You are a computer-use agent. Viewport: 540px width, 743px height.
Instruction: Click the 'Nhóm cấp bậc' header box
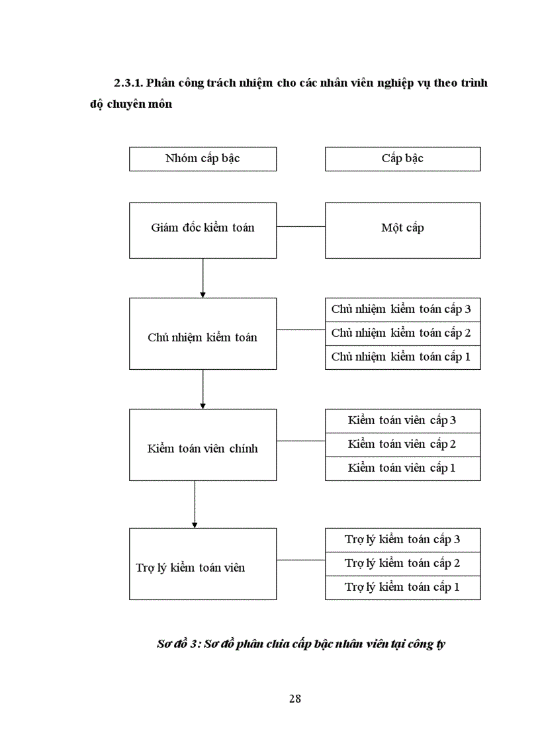(x=202, y=159)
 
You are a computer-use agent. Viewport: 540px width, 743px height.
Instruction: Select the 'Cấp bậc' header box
(x=402, y=159)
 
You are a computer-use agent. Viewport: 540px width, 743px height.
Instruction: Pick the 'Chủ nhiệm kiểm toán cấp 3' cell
(x=402, y=310)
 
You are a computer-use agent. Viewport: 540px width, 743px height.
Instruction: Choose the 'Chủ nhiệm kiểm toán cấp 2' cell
(x=402, y=333)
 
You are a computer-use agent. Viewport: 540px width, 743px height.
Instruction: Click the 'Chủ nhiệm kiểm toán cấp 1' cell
(x=402, y=357)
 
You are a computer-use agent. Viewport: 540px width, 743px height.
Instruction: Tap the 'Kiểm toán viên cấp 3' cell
(x=402, y=421)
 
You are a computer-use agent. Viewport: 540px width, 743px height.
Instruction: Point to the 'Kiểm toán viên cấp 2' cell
(x=402, y=445)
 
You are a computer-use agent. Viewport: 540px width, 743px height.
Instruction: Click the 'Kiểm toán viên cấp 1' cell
(x=402, y=468)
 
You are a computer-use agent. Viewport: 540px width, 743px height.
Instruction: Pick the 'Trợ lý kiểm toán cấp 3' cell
(x=402, y=540)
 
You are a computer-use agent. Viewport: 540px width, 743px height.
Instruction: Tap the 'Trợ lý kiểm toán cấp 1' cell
(x=402, y=588)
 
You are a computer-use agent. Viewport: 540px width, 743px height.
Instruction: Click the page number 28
(x=295, y=699)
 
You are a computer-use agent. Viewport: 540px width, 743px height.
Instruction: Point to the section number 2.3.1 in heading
(x=128, y=83)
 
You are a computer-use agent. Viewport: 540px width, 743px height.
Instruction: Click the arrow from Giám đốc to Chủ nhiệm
(x=202, y=278)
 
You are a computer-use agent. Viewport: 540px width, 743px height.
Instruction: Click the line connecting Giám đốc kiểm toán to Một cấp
(x=300, y=227)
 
